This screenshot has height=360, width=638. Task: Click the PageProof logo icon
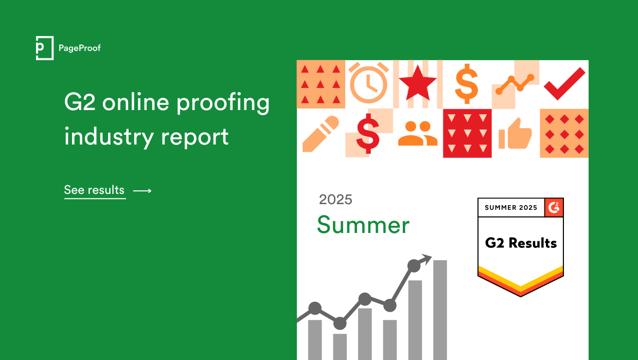pos(45,48)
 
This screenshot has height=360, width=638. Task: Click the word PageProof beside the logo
pos(80,48)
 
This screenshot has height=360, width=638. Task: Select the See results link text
pos(95,190)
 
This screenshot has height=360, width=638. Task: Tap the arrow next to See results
pos(143,191)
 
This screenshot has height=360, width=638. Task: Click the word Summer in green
pos(363,225)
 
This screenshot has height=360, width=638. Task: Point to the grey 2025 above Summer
pos(335,200)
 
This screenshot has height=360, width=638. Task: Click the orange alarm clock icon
pos(368,82)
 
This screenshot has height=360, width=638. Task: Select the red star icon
pos(417,84)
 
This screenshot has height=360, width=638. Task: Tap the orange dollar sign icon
pos(467,84)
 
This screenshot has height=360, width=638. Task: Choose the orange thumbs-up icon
pos(515,134)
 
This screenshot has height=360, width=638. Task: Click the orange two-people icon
pos(417,133)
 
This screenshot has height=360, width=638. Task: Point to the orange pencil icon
pos(321,133)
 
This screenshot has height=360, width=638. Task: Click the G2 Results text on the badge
pos(521,243)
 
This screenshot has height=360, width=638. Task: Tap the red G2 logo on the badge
pos(554,207)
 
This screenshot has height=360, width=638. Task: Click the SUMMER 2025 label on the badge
pos(511,208)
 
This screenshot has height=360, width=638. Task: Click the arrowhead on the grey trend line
pos(426,259)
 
